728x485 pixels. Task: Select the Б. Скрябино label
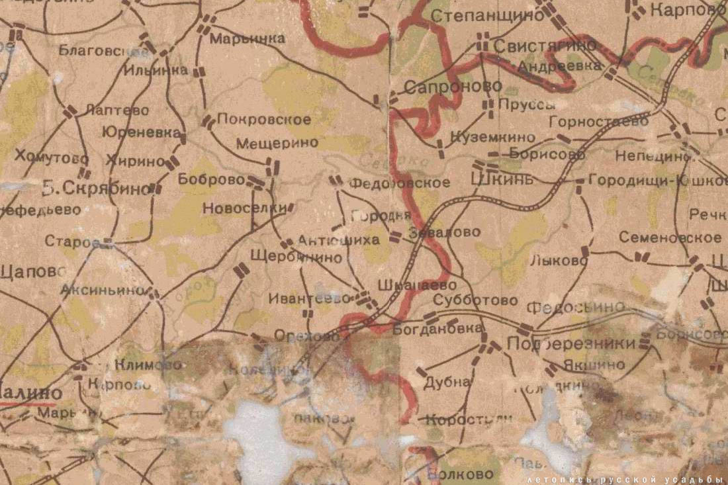tap(96, 189)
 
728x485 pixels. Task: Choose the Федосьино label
tap(575, 306)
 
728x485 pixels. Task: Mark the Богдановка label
tap(437, 328)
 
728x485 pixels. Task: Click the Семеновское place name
tap(670, 237)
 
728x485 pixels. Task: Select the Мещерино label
tap(277, 142)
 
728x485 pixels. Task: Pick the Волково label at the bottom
tap(460, 474)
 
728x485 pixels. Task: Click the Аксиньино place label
tap(103, 289)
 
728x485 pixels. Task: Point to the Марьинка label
tap(247, 39)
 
